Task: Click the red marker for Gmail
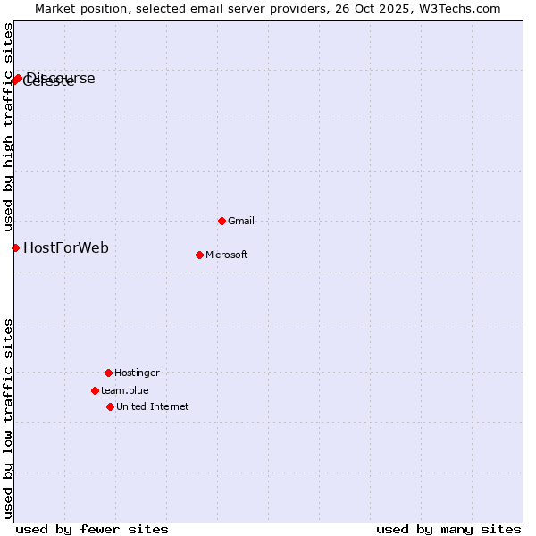222,221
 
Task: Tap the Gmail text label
241,221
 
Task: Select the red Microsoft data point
199,255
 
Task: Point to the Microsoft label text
226,255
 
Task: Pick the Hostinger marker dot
108,373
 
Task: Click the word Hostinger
137,373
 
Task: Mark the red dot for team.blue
95,390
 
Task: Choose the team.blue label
124,390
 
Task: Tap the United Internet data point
110,406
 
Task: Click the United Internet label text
152,406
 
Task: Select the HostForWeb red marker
15,247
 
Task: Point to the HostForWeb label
65,247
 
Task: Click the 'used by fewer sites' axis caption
92,529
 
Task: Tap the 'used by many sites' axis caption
448,529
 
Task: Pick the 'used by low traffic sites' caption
8,418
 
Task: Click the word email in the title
202,8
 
